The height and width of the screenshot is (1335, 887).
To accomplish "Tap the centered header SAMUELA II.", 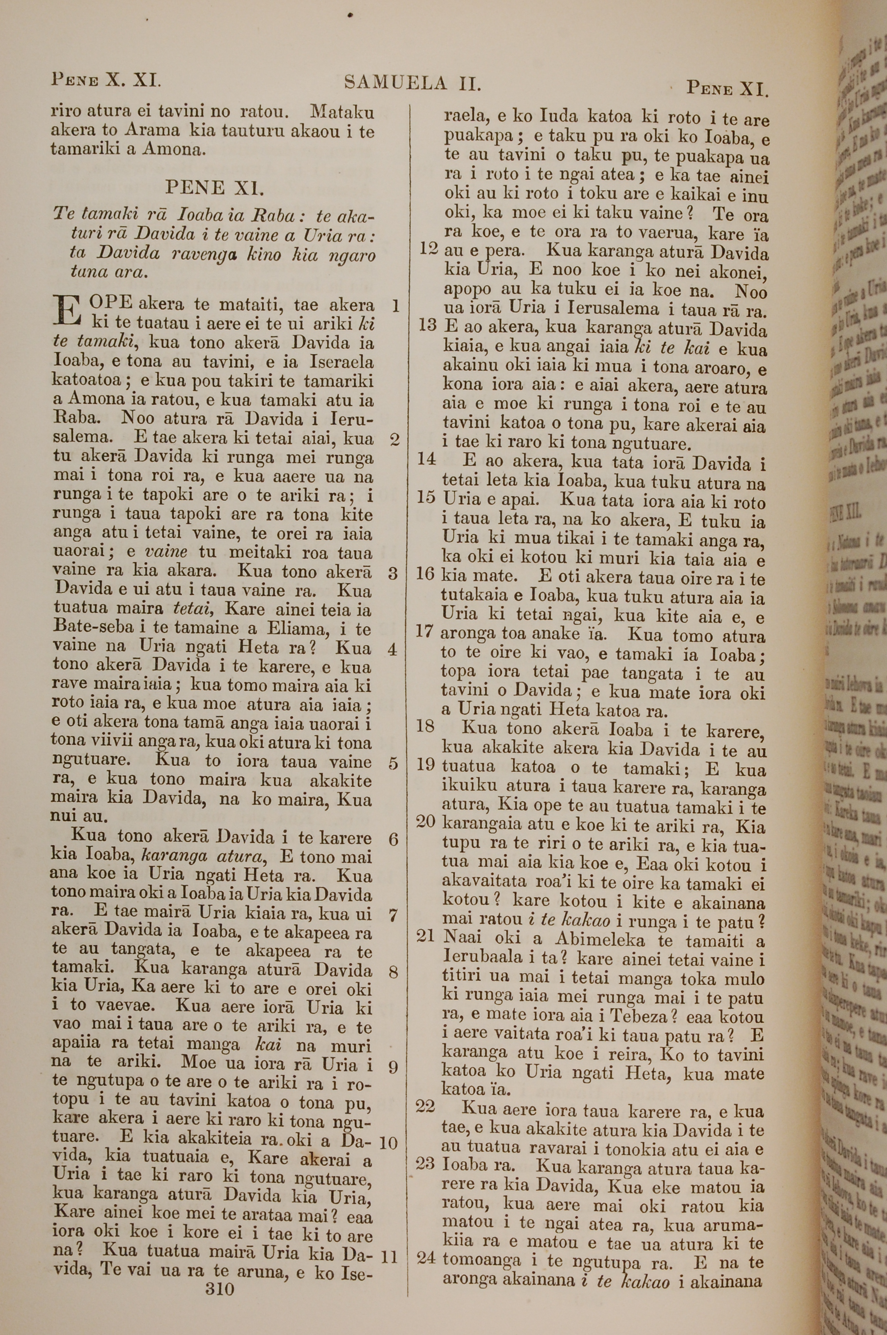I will [x=412, y=84].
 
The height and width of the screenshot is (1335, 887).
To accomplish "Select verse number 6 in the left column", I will [x=394, y=839].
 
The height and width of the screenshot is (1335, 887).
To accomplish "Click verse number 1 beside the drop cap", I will [x=396, y=307].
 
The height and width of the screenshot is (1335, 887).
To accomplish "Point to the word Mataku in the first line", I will [x=342, y=112].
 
